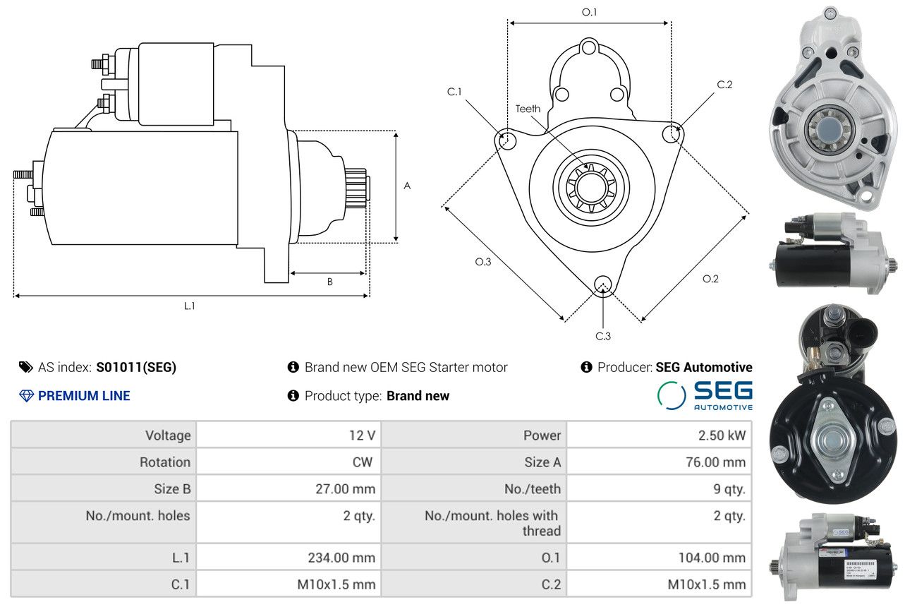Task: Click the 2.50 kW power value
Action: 722,435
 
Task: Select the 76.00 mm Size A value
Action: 715,462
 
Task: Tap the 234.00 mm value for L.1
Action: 341,558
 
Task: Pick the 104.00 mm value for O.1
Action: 712,558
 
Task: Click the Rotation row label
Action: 165,462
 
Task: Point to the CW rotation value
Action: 363,462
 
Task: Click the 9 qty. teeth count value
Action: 729,489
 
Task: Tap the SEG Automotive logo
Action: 705,395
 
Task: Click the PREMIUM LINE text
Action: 84,395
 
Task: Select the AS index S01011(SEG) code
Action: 136,367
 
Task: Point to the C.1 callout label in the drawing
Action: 454,92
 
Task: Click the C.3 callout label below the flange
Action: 603,336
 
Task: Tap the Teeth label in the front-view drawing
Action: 528,109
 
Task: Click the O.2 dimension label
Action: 710,279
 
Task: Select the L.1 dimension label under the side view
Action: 190,306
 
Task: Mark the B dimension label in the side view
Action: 329,282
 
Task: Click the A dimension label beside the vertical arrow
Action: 407,186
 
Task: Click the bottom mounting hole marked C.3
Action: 603,284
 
